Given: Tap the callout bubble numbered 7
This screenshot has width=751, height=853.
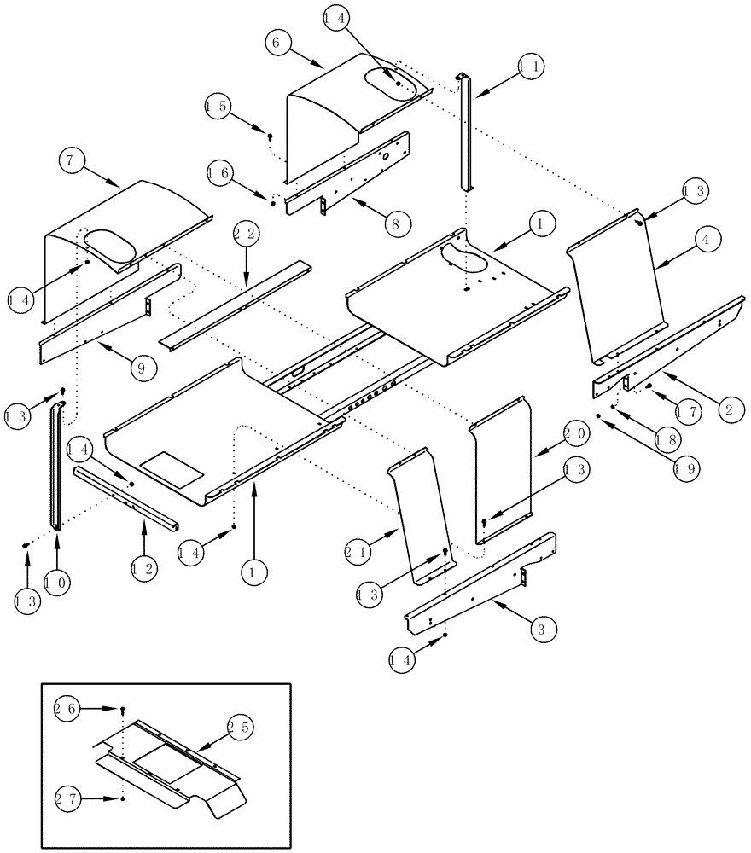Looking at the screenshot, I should (x=73, y=160).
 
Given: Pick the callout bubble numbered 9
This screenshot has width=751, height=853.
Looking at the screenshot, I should (x=143, y=368).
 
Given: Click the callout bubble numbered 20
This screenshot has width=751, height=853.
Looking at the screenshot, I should (x=573, y=433).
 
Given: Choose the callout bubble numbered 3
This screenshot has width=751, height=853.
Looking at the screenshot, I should (x=541, y=630).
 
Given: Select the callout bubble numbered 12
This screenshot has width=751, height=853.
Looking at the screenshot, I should (x=143, y=568).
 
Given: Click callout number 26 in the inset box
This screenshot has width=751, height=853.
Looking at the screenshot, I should (x=67, y=708).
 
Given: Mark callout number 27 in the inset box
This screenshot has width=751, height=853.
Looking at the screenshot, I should (x=67, y=798).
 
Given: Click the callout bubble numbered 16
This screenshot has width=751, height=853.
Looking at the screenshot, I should (x=219, y=173).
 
